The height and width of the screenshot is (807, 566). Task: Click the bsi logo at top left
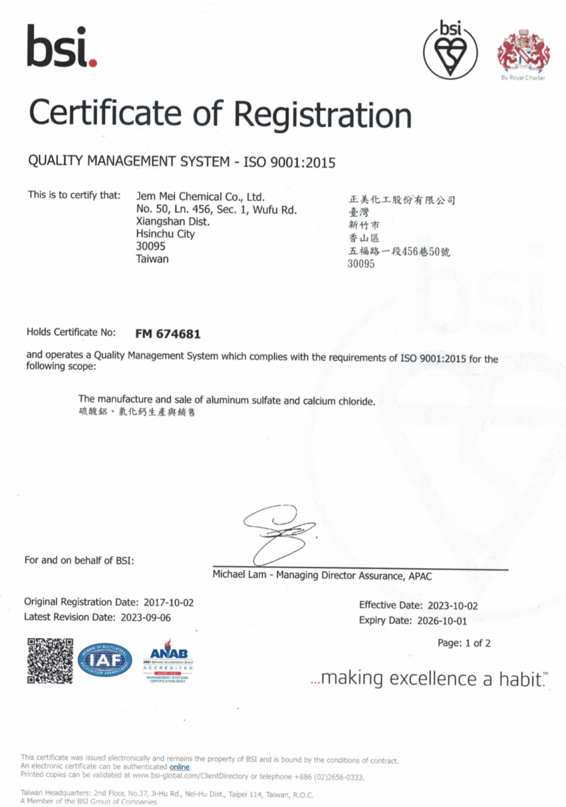tap(61, 47)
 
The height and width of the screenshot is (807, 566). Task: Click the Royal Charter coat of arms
tap(523, 51)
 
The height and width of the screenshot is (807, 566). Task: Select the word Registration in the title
tap(322, 115)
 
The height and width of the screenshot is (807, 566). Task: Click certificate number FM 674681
tap(168, 334)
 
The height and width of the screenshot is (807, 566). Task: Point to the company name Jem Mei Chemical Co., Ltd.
tap(200, 197)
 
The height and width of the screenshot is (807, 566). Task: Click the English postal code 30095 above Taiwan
tap(151, 246)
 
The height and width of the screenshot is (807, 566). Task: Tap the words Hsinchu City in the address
tap(166, 234)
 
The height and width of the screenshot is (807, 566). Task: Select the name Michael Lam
tap(239, 575)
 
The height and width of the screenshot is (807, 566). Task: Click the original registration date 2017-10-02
tap(169, 602)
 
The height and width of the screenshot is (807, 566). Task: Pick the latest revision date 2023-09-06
tap(146, 617)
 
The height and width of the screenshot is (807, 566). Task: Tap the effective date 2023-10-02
tap(453, 606)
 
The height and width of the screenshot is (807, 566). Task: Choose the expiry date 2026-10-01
tap(442, 621)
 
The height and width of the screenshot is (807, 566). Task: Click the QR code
tap(50, 661)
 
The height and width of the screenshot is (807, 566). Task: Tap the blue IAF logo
tap(105, 660)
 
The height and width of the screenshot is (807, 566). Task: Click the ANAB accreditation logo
tap(168, 660)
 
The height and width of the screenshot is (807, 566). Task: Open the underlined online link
tap(179, 767)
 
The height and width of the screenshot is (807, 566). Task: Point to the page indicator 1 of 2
tap(478, 643)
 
